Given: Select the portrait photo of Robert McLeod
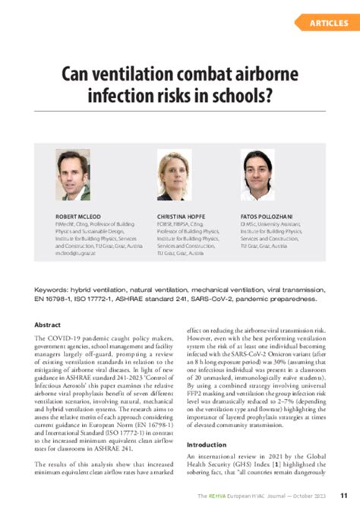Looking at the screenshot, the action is (x=73, y=174).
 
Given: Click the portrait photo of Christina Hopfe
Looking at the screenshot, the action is (x=173, y=175).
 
